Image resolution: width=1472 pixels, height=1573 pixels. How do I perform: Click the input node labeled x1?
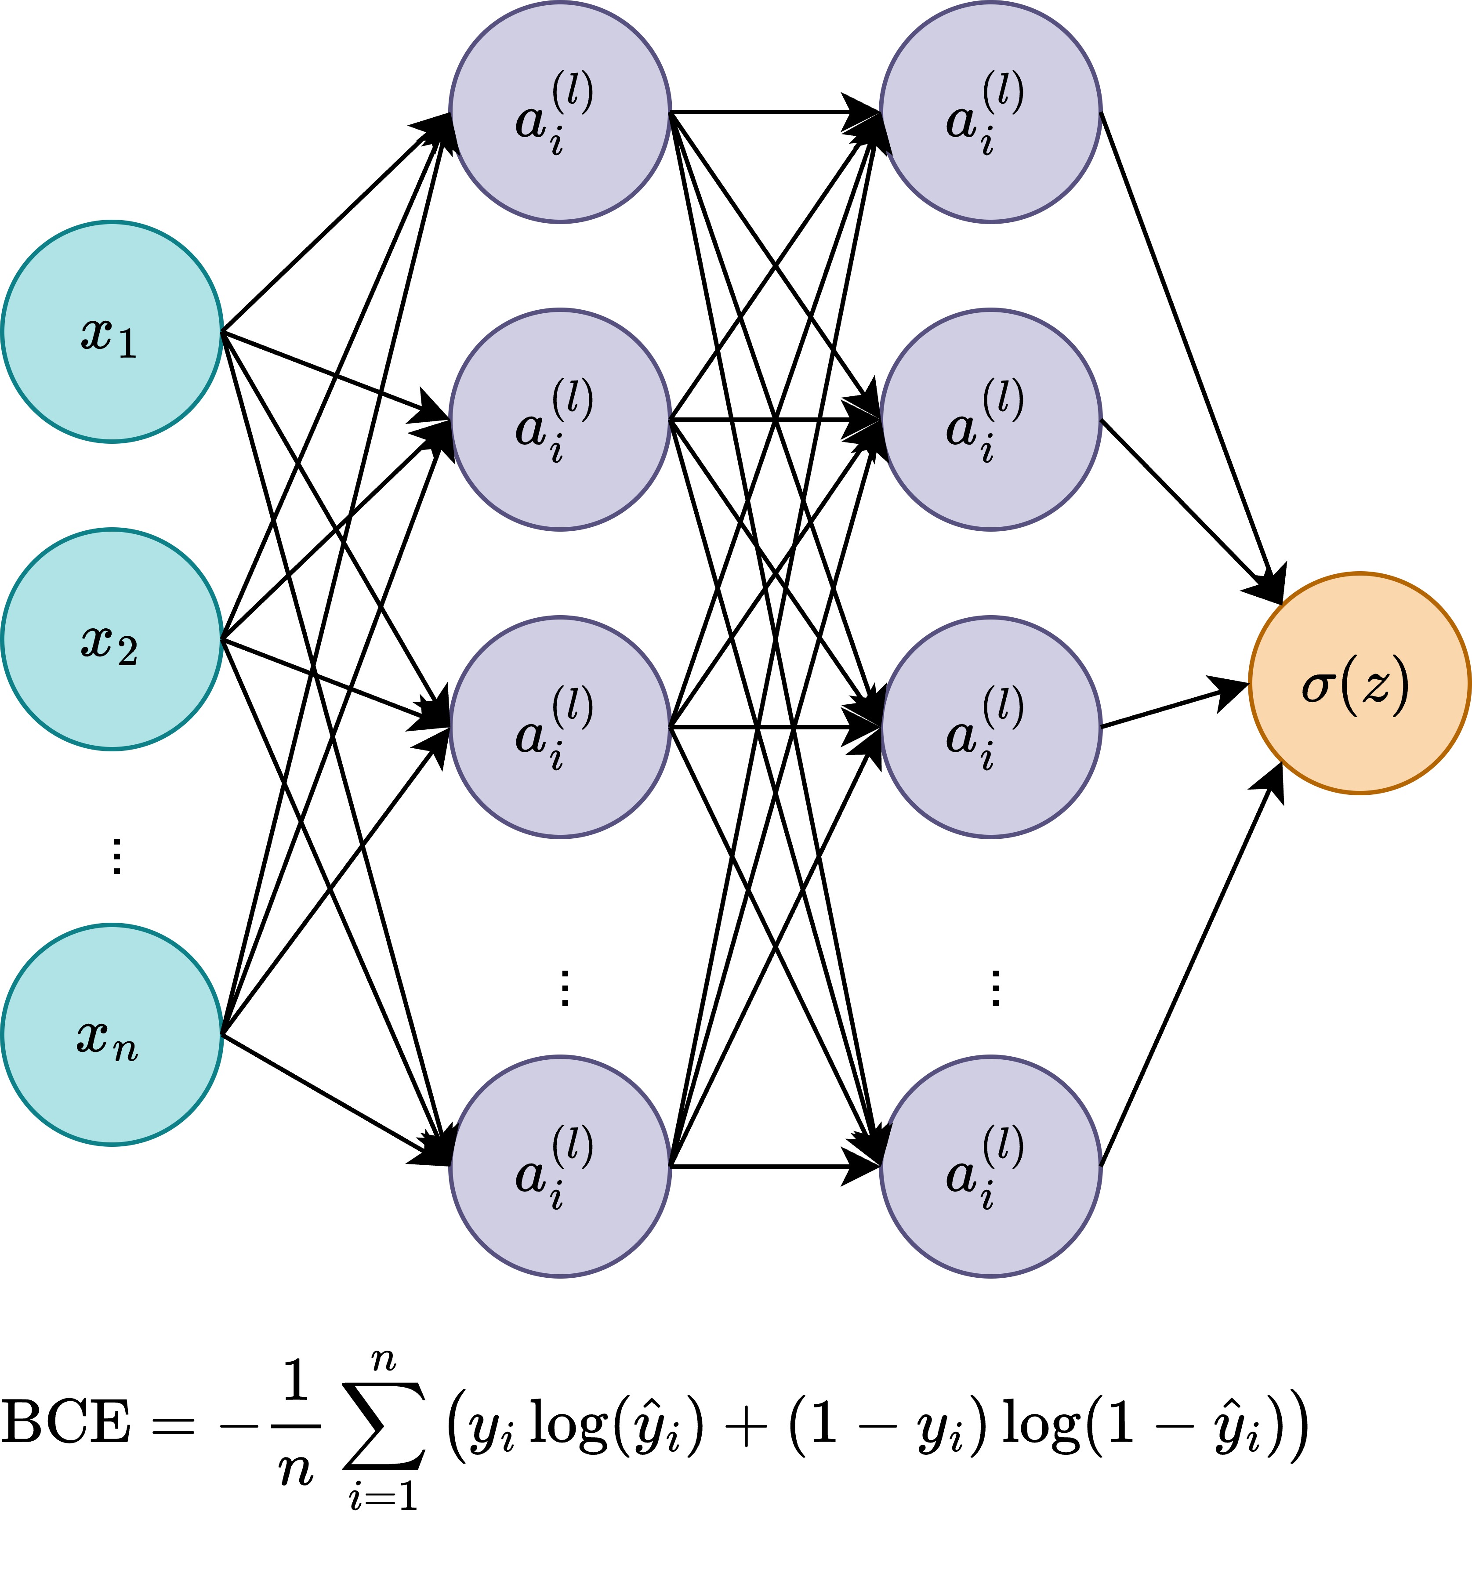click(112, 332)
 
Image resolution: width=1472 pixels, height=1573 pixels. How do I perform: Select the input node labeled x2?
click(112, 639)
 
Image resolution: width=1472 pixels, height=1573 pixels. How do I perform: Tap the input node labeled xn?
click(112, 1035)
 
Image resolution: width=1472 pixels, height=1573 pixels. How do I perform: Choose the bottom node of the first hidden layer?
click(560, 1166)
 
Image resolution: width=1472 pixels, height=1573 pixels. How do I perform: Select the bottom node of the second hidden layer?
click(991, 1166)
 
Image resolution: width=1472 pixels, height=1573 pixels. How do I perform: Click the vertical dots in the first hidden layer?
click(564, 987)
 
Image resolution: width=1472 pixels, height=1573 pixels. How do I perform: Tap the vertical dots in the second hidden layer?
click(995, 987)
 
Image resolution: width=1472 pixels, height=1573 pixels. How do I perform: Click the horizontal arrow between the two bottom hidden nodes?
click(776, 1166)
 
